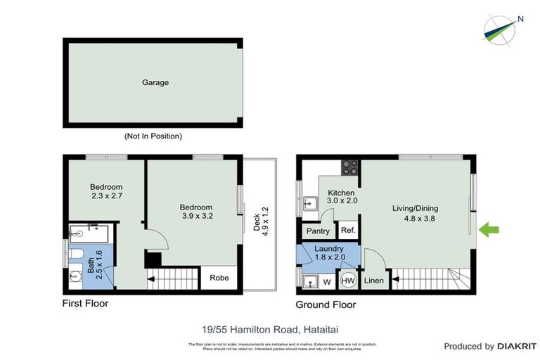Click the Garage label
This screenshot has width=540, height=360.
(x=155, y=82)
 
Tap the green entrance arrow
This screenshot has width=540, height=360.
(x=489, y=229)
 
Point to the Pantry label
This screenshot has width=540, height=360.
(x=319, y=231)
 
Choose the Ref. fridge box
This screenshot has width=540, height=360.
(x=347, y=231)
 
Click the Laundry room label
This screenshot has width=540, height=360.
(x=328, y=248)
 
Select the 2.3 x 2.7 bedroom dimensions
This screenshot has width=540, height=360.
(x=106, y=196)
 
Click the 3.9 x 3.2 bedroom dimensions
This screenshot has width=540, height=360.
(x=196, y=217)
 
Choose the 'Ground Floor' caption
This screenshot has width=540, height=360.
(x=326, y=304)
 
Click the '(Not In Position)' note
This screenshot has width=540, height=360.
(x=153, y=136)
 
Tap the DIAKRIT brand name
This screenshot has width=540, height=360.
(x=517, y=346)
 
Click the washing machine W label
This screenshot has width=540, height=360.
(x=327, y=283)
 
